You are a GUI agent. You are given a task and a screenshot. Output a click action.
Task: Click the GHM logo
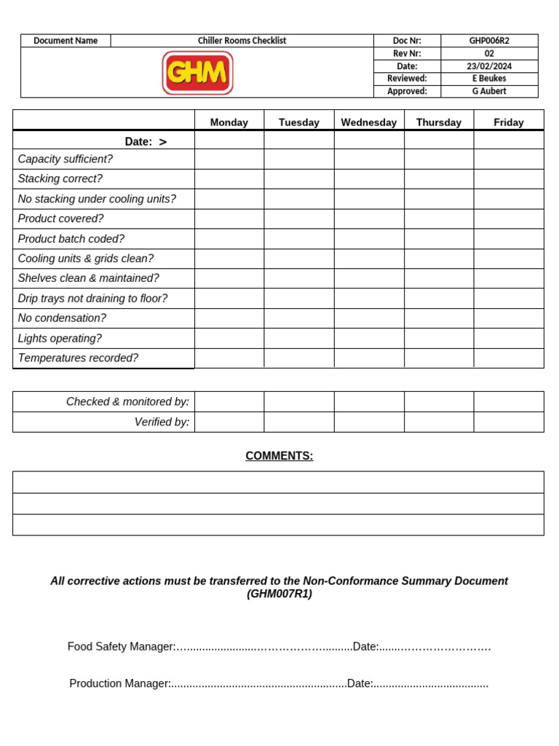click(197, 73)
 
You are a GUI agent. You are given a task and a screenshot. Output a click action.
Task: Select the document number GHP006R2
click(489, 41)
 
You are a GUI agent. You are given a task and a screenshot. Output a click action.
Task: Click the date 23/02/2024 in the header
click(489, 66)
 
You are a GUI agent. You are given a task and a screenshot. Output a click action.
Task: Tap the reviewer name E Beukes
click(489, 79)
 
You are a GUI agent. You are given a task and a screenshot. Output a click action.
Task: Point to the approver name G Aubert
click(489, 91)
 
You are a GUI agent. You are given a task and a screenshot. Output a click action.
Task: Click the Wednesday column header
click(369, 122)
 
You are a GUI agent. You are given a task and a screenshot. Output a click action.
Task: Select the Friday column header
click(509, 122)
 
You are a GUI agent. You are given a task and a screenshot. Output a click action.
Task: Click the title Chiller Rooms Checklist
click(242, 41)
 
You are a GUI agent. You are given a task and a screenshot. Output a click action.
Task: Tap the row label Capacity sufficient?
click(66, 159)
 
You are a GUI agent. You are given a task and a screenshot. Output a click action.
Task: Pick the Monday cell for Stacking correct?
click(229, 179)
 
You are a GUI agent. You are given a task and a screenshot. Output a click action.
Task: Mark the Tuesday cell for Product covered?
click(299, 219)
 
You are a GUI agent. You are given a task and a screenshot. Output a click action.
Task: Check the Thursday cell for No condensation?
click(439, 318)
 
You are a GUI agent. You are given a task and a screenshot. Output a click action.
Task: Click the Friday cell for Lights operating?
click(509, 338)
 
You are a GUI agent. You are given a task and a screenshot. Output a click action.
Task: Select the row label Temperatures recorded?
click(78, 358)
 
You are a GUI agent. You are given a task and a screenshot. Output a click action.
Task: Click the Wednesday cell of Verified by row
click(369, 422)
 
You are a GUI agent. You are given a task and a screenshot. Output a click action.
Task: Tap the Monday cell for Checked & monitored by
click(229, 401)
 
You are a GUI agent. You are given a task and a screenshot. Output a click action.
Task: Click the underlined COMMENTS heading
click(279, 456)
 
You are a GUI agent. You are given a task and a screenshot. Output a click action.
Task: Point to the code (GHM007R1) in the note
click(279, 594)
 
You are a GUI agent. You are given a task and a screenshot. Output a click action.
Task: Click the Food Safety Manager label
click(121, 646)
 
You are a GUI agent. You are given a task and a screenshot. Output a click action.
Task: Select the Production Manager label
click(119, 683)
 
